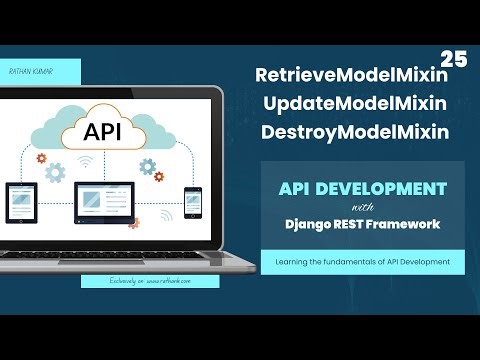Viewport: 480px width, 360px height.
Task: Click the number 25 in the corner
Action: pyautogui.click(x=453, y=59)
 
